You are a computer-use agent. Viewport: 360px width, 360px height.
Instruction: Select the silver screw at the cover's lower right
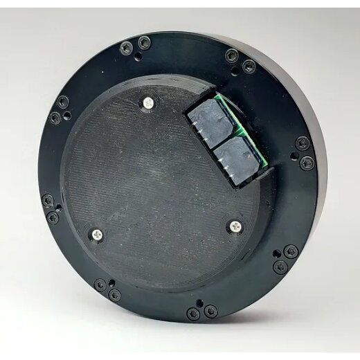point(236,226)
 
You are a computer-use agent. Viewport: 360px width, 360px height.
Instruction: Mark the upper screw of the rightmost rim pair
point(302,144)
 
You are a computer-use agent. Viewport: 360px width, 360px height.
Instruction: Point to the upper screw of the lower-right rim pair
point(289,253)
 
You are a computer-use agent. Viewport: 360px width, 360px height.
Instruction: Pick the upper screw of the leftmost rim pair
point(48,201)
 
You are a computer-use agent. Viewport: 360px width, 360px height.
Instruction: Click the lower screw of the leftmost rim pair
point(53,218)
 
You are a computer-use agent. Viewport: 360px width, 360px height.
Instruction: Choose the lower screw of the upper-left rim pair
point(55,118)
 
